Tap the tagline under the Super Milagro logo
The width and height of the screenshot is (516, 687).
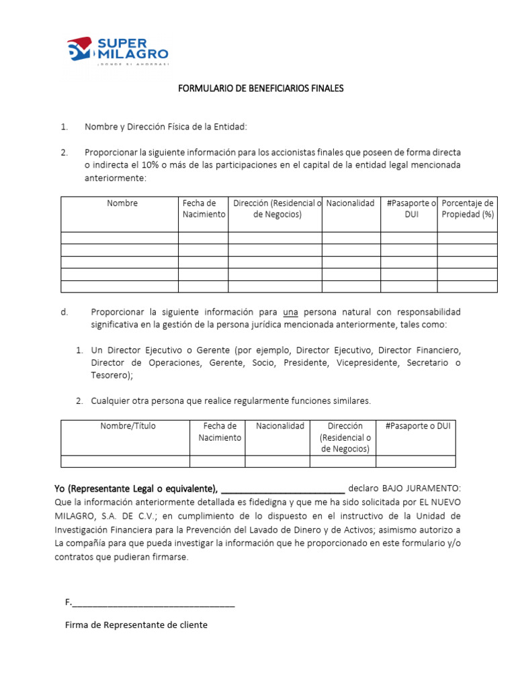click(x=132, y=64)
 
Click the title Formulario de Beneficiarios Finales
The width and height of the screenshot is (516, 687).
click(x=260, y=89)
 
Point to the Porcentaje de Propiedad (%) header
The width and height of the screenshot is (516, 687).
click(x=468, y=209)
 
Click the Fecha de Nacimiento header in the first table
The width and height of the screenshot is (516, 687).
click(x=204, y=209)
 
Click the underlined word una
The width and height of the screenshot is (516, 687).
click(x=290, y=313)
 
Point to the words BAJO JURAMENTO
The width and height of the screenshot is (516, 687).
click(x=427, y=488)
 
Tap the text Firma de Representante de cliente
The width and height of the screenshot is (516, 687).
click(x=136, y=625)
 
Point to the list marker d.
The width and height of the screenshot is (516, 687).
click(x=64, y=313)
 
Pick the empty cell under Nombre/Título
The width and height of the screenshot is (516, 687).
click(x=125, y=461)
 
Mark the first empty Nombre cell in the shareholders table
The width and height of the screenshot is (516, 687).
click(x=120, y=237)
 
